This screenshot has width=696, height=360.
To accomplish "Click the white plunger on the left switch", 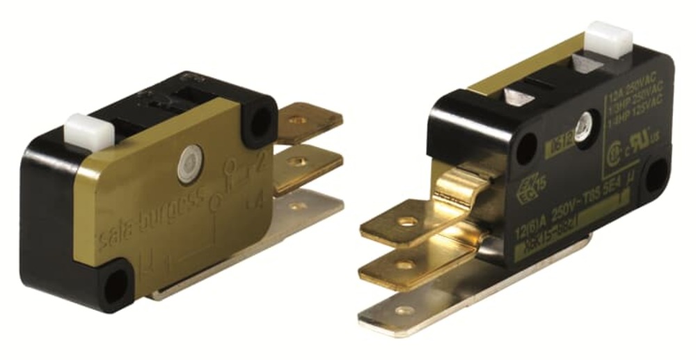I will pos(83,129).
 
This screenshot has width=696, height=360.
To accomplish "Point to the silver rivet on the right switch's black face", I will pos(581,126).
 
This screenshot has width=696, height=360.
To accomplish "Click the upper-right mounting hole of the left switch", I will pos(261,123).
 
